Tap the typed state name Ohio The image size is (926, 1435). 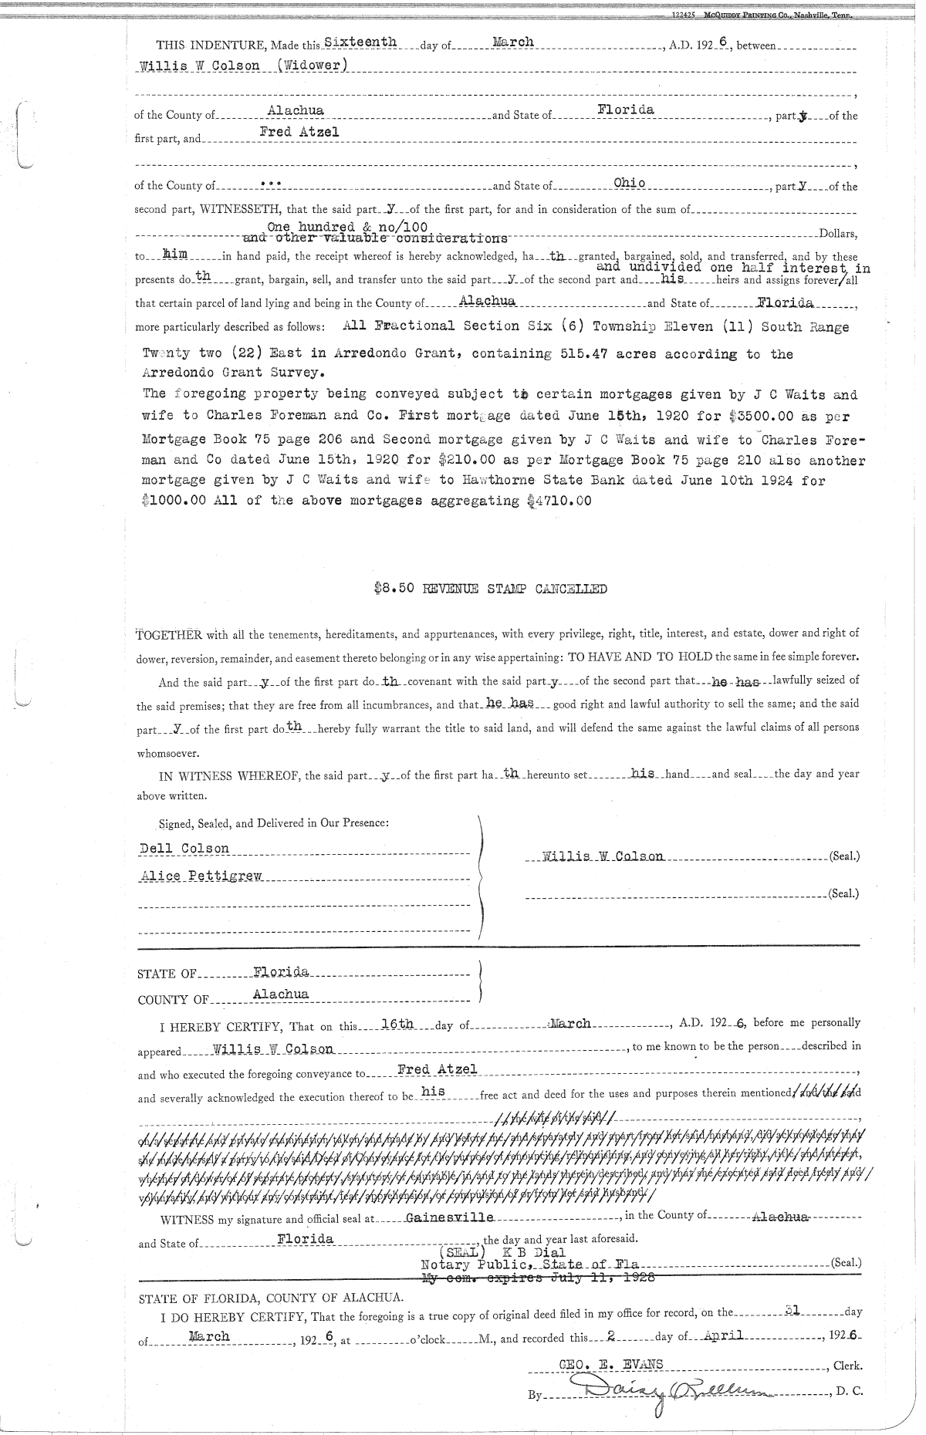click(x=629, y=183)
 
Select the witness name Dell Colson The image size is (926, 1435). click(x=184, y=848)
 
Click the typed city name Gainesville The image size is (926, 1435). click(x=450, y=1217)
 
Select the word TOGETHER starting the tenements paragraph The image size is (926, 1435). click(x=169, y=635)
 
